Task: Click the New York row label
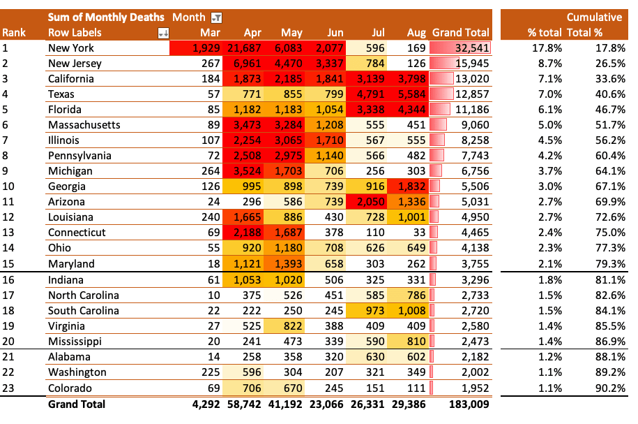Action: pyautogui.click(x=71, y=48)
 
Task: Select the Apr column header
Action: pyautogui.click(x=254, y=33)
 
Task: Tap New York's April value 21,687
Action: pyautogui.click(x=244, y=48)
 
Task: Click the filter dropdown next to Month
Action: pyautogui.click(x=216, y=17)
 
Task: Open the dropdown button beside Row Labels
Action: pyautogui.click(x=164, y=33)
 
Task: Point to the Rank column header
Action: pyautogui.click(x=13, y=33)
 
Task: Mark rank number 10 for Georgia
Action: pyautogui.click(x=8, y=187)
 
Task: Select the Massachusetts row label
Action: pyautogui.click(x=84, y=125)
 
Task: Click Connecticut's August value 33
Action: pyautogui.click(x=418, y=233)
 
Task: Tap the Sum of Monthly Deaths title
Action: pyautogui.click(x=106, y=17)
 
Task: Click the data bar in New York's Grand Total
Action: pyautogui.click(x=460, y=48)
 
